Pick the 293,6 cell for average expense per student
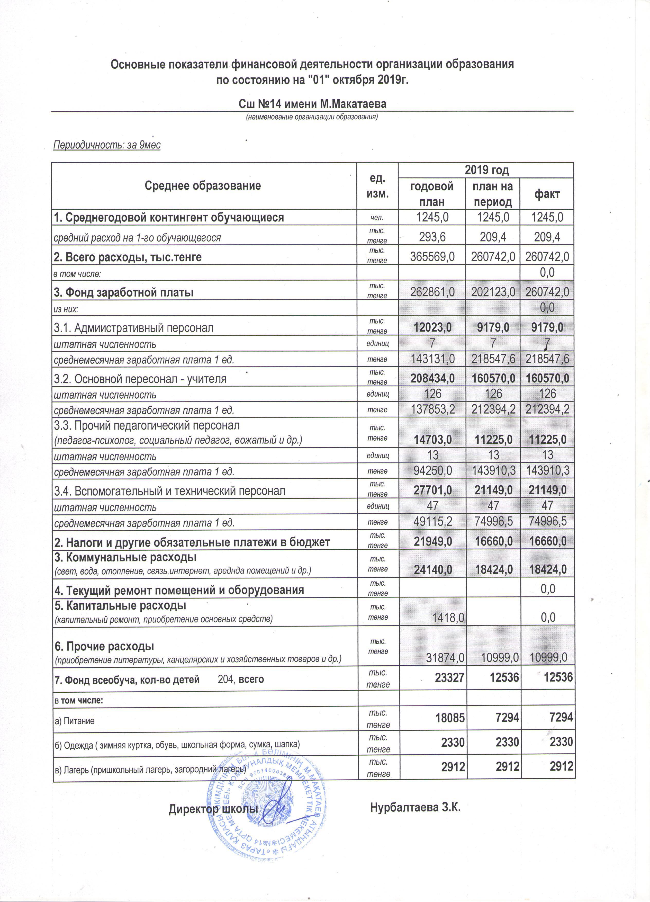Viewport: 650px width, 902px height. [x=432, y=237]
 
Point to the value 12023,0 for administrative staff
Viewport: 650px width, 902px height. [x=432, y=327]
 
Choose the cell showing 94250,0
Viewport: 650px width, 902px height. [x=432, y=471]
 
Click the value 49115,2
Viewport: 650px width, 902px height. [x=432, y=521]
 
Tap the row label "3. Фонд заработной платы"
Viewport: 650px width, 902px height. [x=124, y=292]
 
